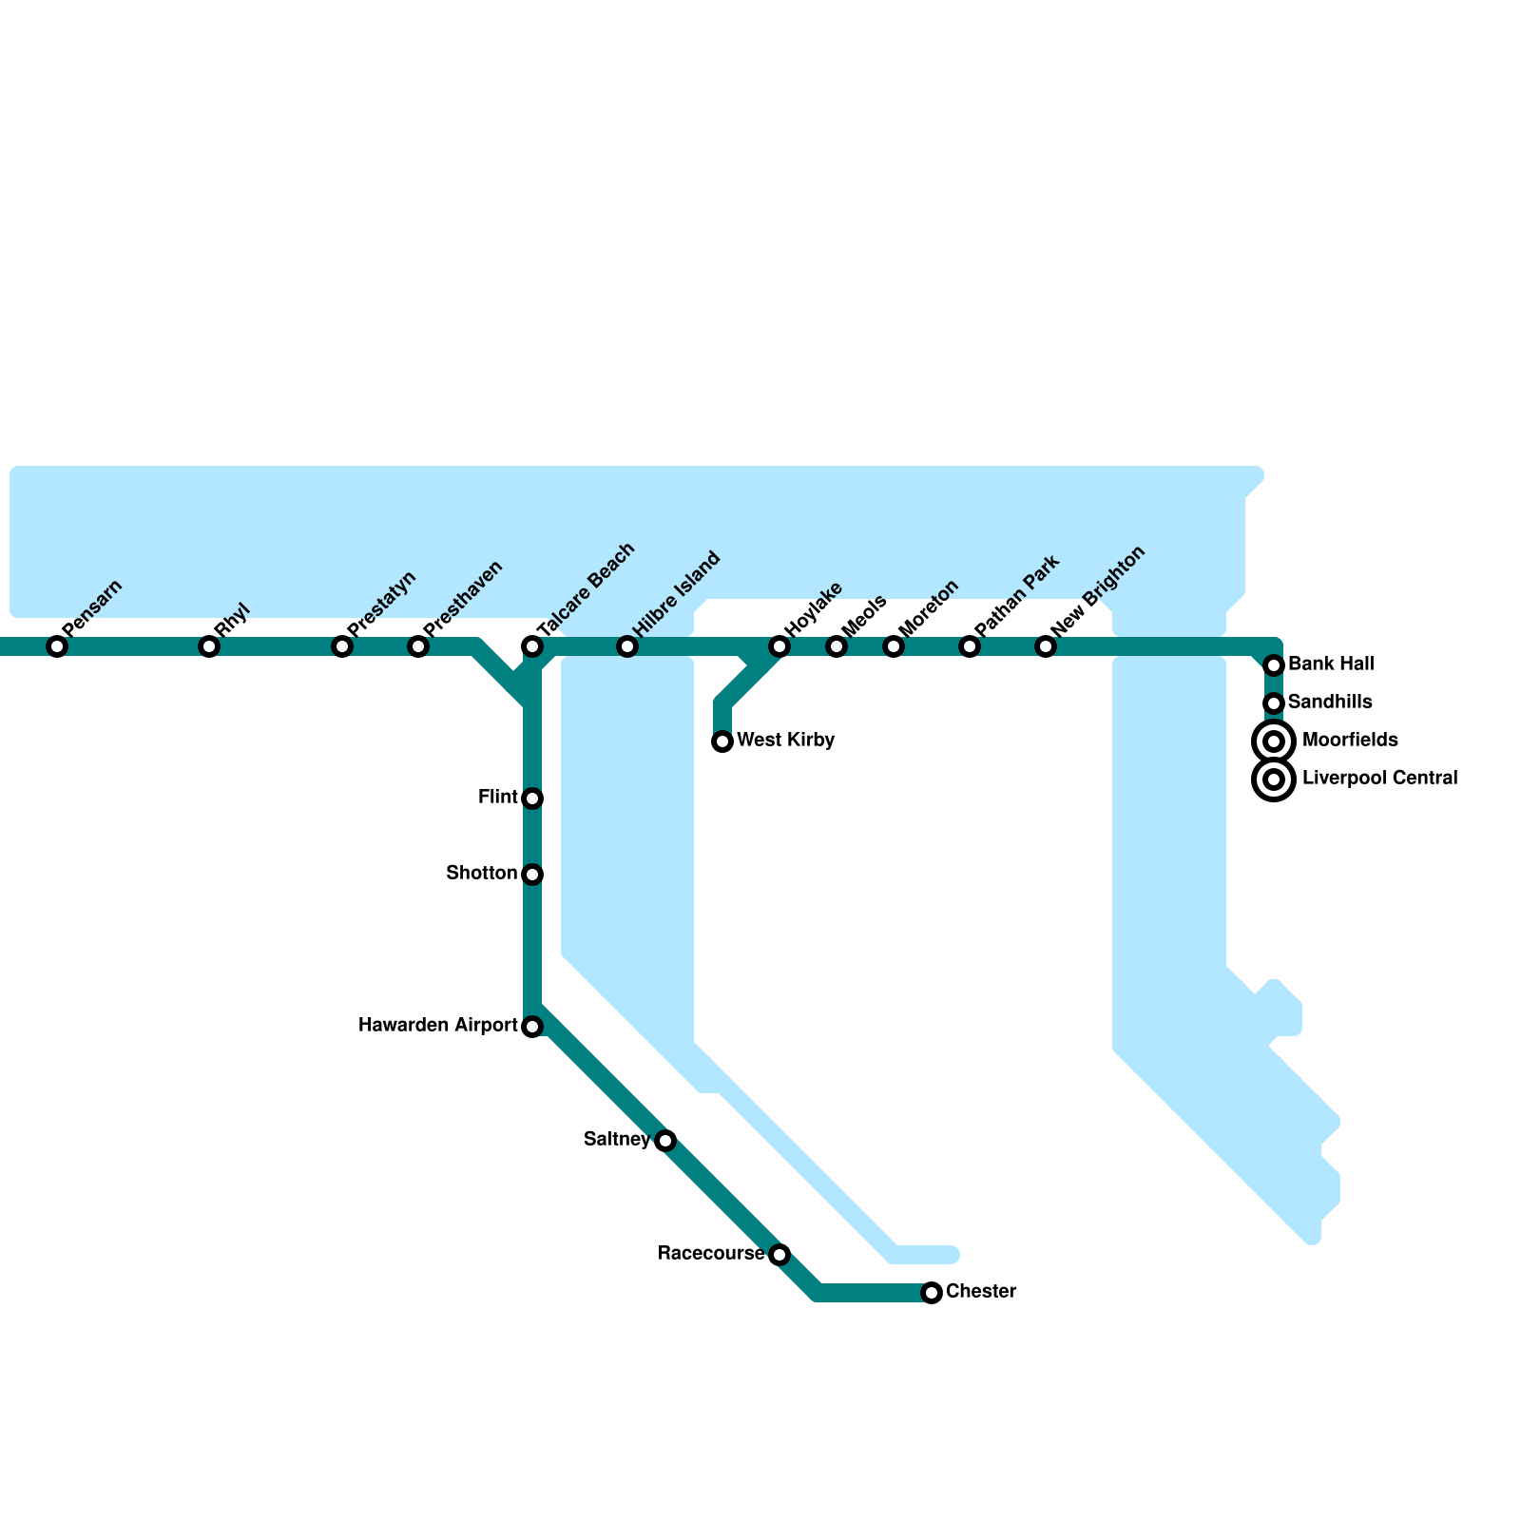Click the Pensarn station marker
point(57,647)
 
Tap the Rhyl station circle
point(209,647)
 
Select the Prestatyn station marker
point(342,647)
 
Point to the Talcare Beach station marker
point(532,647)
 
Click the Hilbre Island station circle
point(627,647)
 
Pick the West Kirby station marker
point(722,741)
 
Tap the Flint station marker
point(532,799)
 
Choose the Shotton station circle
point(532,875)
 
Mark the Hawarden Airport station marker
point(532,1027)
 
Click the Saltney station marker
point(665,1141)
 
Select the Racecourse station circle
point(780,1255)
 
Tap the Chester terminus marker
point(932,1293)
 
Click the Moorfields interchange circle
point(1275,741)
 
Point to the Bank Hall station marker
point(1275,665)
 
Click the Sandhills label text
point(1330,703)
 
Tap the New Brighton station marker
point(1046,647)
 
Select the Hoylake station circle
point(780,647)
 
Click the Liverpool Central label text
point(1379,779)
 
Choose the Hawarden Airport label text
point(437,1026)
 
